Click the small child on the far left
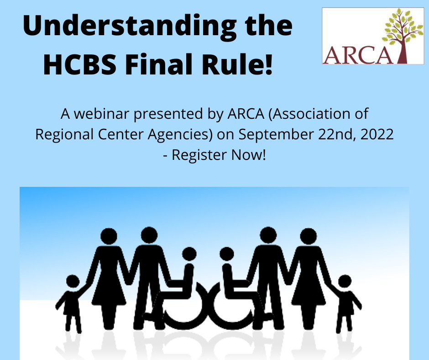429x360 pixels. (x=72, y=303)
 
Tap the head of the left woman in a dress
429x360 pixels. (x=109, y=236)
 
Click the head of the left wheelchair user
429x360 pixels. (x=189, y=254)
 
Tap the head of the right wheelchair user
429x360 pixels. (x=227, y=254)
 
